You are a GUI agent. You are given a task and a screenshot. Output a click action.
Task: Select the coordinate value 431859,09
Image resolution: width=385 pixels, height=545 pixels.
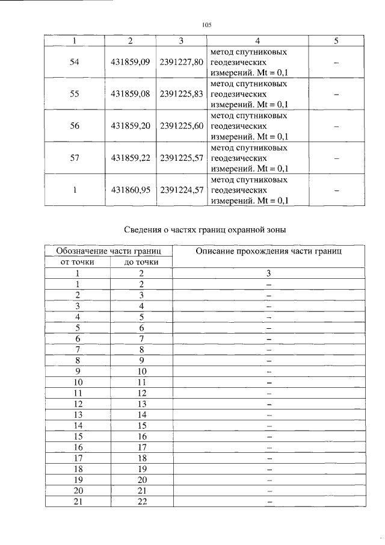click(130, 62)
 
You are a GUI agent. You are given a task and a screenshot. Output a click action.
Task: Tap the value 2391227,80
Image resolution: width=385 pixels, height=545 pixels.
click(181, 62)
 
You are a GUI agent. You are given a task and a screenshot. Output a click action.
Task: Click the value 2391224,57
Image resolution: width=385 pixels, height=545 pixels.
click(181, 190)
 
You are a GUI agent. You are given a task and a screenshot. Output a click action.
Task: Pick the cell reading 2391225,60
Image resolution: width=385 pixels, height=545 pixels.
click(181, 126)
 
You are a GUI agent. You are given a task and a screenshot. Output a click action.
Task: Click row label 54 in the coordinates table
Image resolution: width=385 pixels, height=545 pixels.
click(75, 62)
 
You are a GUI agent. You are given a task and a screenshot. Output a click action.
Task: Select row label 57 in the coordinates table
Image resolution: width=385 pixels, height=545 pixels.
click(75, 158)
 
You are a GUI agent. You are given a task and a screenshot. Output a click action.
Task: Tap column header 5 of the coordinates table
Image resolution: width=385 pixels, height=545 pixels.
click(336, 40)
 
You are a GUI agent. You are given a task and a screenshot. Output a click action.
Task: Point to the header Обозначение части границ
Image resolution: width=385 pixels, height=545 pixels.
click(108, 251)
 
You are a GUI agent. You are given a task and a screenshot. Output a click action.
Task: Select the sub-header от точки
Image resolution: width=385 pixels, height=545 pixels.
click(78, 262)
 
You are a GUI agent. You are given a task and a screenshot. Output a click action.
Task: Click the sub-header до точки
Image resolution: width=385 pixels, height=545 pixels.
click(141, 262)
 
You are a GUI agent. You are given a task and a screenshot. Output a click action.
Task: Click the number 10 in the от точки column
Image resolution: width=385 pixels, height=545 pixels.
click(78, 382)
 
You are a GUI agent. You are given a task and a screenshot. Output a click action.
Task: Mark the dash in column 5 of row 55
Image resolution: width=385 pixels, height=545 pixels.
click(336, 95)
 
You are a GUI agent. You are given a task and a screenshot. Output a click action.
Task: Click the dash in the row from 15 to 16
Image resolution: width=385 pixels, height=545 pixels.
click(269, 436)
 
